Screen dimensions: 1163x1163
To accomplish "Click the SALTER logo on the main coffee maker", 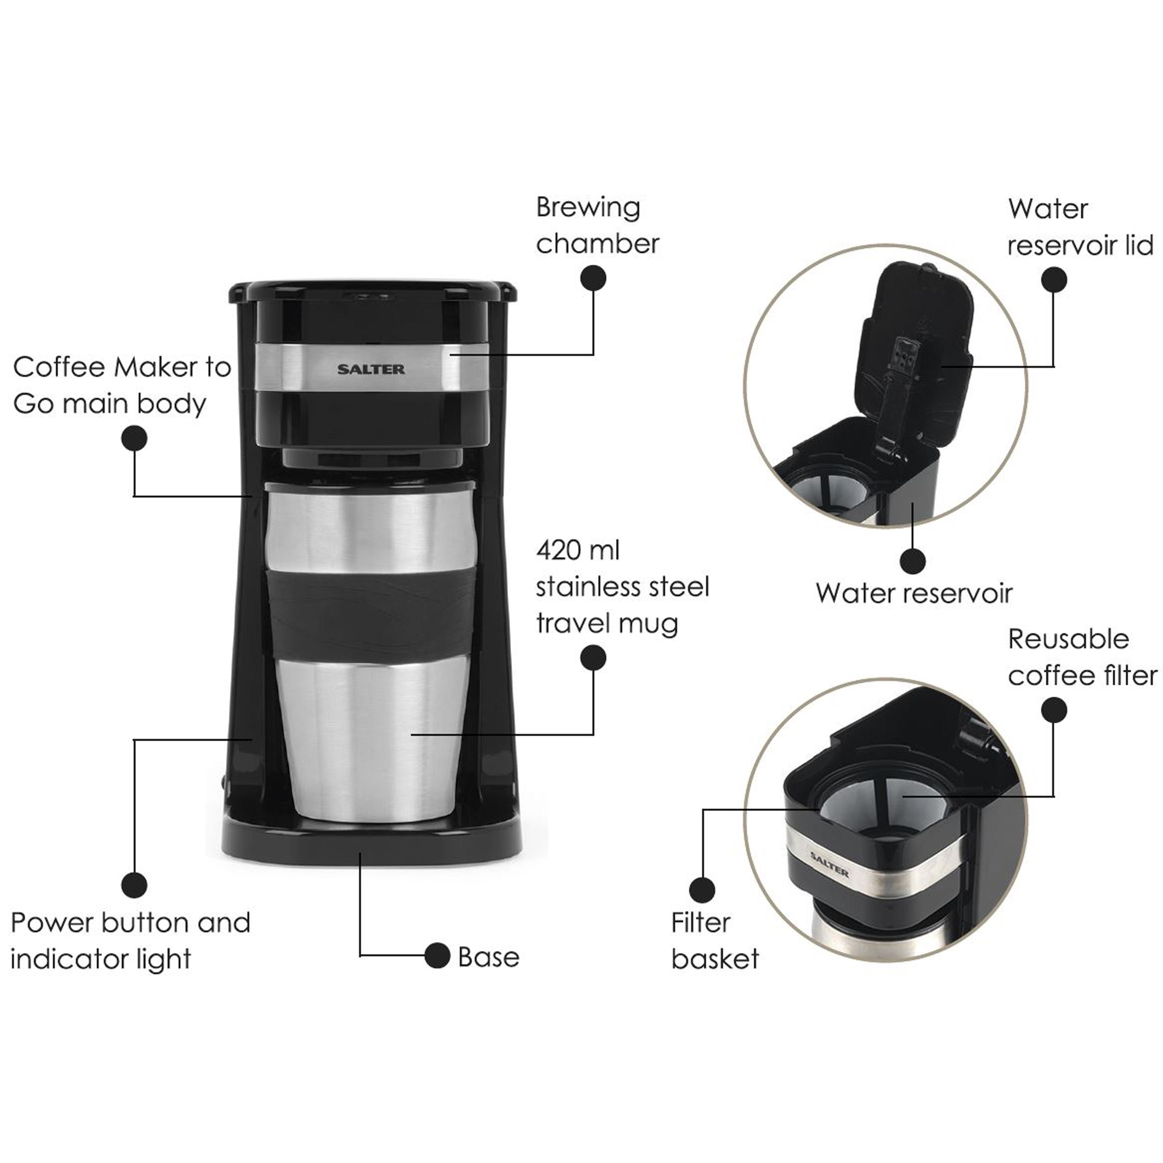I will pyautogui.click(x=371, y=369).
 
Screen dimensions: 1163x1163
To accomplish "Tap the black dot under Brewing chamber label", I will pyautogui.click(x=593, y=279).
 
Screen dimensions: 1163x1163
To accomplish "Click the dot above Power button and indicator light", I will pyautogui.click(x=134, y=885).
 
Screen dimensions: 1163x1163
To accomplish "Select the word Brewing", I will pyautogui.click(x=588, y=208).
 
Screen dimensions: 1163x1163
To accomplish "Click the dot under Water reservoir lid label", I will pyautogui.click(x=1053, y=280).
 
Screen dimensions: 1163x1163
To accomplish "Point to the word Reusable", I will pyautogui.click(x=1068, y=639).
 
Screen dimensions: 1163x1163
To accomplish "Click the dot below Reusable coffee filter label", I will pyautogui.click(x=1053, y=710).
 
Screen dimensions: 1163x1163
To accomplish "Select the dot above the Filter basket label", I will pyautogui.click(x=702, y=890).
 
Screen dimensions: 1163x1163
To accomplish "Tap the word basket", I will pyautogui.click(x=714, y=959).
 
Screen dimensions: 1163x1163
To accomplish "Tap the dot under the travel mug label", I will pyautogui.click(x=593, y=658).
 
